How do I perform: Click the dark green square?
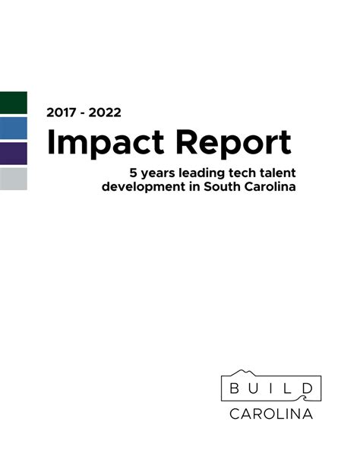13,103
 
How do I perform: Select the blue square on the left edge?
13,128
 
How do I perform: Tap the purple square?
13,153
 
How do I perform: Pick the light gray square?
13,179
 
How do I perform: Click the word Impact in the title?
104,144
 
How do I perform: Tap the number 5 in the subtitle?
135,172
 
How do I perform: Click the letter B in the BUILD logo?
234,389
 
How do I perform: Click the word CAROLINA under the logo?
271,414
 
